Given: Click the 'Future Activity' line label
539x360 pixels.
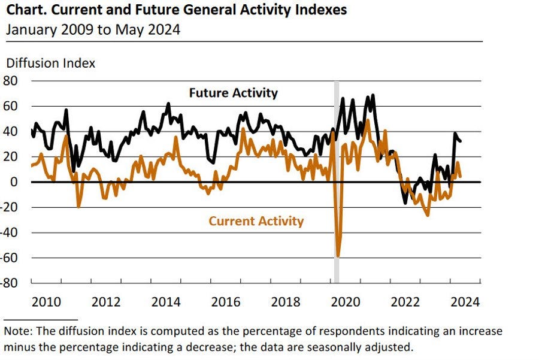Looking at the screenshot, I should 233,93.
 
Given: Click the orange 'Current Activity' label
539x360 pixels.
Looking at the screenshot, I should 256,221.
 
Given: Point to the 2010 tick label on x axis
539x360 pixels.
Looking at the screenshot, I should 46,302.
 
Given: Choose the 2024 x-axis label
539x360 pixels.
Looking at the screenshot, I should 466,302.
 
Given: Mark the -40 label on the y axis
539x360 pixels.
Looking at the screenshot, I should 10,232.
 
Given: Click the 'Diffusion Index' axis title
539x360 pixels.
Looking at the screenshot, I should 50,63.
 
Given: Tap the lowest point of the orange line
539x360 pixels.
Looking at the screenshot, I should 338,256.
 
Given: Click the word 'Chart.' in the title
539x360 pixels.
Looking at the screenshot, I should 25,11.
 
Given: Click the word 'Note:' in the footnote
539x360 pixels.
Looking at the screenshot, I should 17,331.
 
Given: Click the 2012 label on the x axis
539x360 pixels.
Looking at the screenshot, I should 107,302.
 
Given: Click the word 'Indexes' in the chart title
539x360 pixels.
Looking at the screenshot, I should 323,11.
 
